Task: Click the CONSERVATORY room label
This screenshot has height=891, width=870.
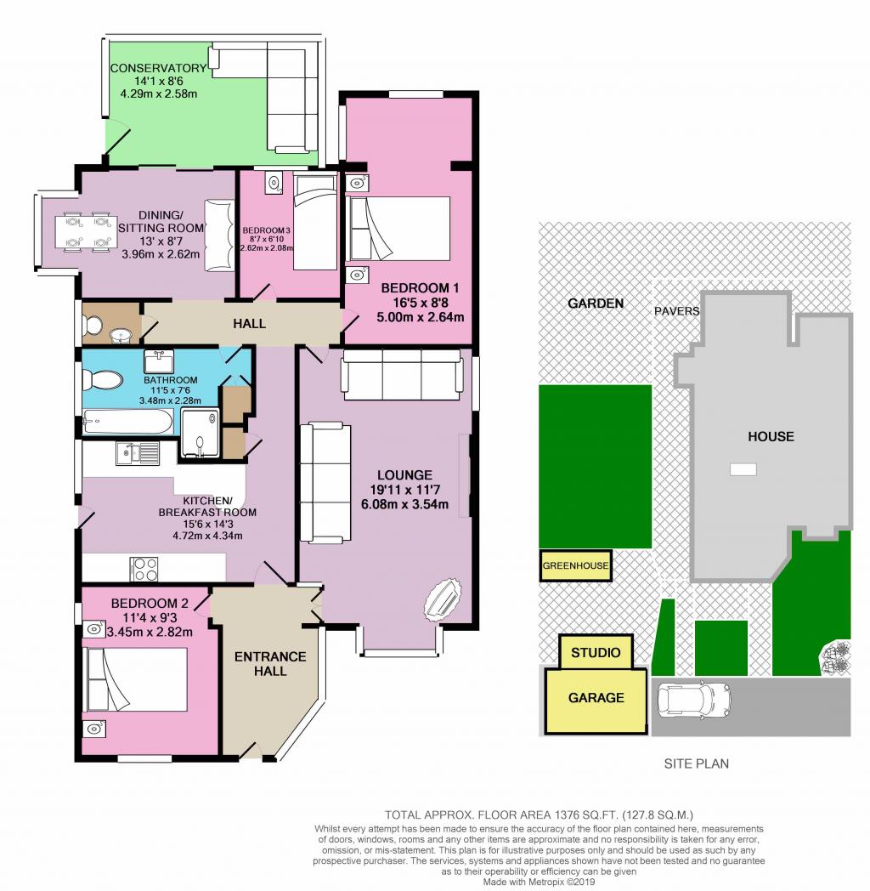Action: pyautogui.click(x=158, y=68)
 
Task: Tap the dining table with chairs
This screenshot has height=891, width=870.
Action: pyautogui.click(x=84, y=232)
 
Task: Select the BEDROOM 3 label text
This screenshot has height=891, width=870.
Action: pyautogui.click(x=266, y=230)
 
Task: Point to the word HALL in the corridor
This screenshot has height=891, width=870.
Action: pyautogui.click(x=249, y=323)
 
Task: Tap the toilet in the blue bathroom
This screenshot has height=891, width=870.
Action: pyautogui.click(x=102, y=380)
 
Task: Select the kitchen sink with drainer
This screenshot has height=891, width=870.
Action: pyautogui.click(x=138, y=453)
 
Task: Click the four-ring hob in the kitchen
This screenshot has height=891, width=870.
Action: pyautogui.click(x=144, y=569)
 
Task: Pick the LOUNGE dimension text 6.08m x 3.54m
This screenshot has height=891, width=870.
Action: pyautogui.click(x=405, y=504)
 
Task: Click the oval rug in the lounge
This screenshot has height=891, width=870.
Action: pyautogui.click(x=443, y=597)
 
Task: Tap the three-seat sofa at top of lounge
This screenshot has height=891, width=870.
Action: pyautogui.click(x=400, y=375)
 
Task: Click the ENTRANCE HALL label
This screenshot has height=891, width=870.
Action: pyautogui.click(x=270, y=664)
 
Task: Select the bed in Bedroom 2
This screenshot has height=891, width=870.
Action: pyautogui.click(x=135, y=679)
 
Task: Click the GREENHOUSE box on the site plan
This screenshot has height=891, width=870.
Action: pyautogui.click(x=576, y=566)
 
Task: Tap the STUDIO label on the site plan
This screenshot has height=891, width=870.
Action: pyautogui.click(x=596, y=653)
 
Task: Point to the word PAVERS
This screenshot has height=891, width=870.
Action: pyautogui.click(x=677, y=311)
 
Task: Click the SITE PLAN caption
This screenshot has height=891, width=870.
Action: pyautogui.click(x=697, y=763)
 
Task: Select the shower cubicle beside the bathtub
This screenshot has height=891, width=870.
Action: pyautogui.click(x=201, y=433)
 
